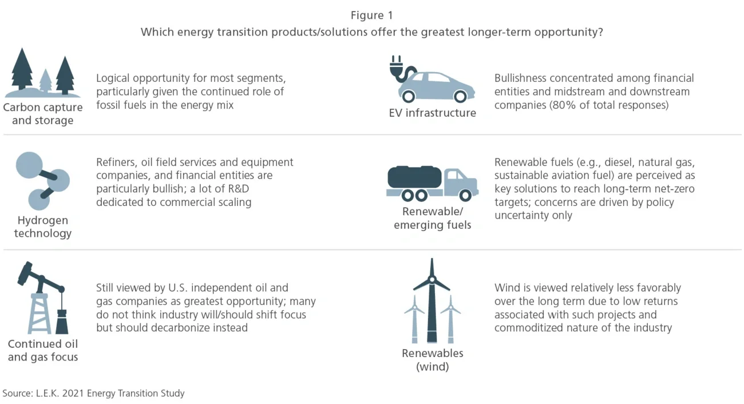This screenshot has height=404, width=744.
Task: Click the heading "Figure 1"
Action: [x=371, y=15]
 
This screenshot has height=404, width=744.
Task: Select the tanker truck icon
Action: [x=432, y=183]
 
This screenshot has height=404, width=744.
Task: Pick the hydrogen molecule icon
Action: [x=42, y=180]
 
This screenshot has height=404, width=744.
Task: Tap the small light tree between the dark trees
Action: [x=46, y=81]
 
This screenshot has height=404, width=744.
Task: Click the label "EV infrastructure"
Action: [x=432, y=113]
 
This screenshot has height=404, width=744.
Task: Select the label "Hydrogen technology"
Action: [x=43, y=227]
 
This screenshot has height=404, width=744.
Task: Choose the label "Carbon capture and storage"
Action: [x=43, y=113]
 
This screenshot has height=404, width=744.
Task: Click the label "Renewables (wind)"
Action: [x=432, y=359]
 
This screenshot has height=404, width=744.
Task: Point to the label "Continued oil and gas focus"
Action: [x=43, y=350]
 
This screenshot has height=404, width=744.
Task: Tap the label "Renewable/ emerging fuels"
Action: [x=432, y=218]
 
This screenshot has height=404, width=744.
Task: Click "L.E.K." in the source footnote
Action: [x=48, y=393]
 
